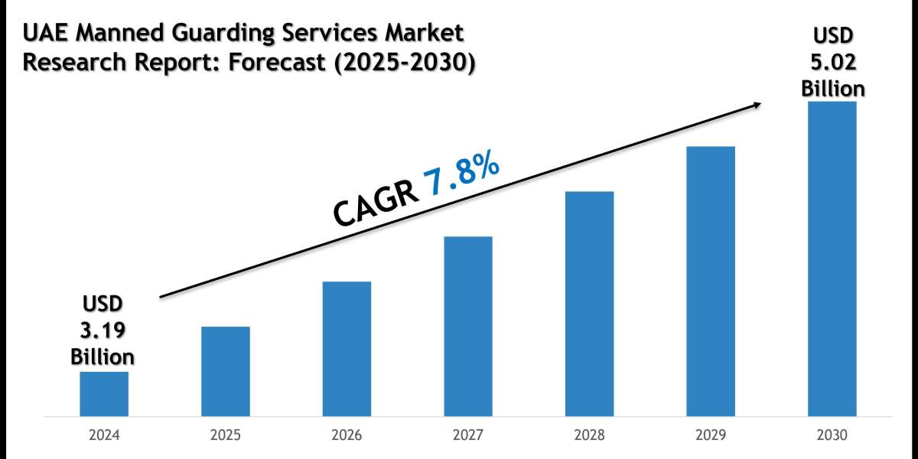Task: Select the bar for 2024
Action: (x=104, y=394)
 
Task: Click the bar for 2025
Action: (x=225, y=372)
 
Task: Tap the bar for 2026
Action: (x=347, y=349)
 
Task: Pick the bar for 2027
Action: (x=468, y=327)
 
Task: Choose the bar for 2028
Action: (x=589, y=304)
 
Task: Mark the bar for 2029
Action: (x=711, y=282)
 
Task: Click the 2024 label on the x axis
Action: (x=104, y=436)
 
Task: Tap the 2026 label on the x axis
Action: (x=347, y=436)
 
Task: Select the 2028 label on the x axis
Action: (x=589, y=436)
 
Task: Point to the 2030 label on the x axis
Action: (x=832, y=436)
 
